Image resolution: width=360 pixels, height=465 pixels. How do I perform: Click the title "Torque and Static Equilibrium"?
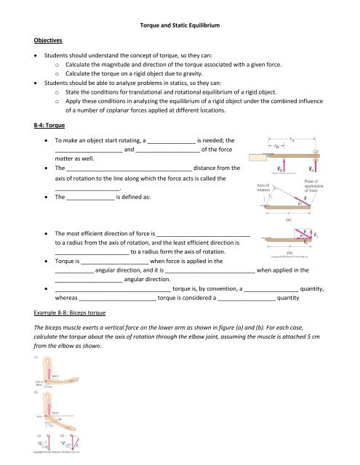[x=180, y=25]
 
